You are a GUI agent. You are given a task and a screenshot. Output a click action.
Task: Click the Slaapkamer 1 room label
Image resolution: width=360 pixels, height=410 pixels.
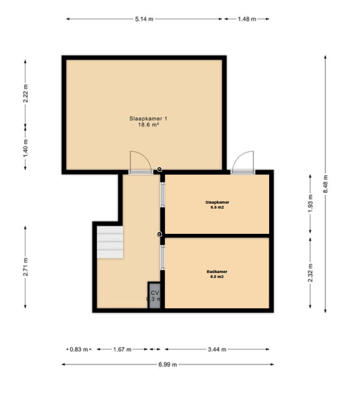pos(148,118)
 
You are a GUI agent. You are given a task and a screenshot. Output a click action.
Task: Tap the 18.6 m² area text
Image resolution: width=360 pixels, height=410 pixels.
pos(148,125)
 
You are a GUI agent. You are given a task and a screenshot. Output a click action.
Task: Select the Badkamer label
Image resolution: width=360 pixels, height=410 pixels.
pos(217,272)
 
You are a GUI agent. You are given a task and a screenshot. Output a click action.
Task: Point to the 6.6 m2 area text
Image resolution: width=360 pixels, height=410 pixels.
pos(217,207)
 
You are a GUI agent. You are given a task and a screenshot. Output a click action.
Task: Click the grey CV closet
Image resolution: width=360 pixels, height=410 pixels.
pos(154,296)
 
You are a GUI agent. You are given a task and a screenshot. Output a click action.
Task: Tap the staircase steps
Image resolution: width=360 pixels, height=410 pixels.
pos(110,242)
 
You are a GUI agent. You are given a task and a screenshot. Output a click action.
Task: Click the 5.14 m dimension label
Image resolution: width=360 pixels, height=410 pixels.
pos(144,19)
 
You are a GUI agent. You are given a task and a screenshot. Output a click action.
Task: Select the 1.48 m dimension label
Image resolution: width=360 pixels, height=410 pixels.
pos(247,19)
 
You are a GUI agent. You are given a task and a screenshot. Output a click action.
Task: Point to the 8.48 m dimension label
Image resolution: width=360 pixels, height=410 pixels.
pos(325,184)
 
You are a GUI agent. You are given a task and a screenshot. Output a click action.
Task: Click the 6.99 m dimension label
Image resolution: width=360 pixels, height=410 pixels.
pos(167,364)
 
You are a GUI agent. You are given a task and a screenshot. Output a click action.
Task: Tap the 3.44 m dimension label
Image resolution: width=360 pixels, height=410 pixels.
pos(217,349)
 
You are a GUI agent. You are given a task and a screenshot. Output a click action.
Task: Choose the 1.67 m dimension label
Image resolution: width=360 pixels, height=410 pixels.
pos(122,349)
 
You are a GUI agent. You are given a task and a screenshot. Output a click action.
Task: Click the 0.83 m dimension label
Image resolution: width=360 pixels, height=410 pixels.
pos(79,349)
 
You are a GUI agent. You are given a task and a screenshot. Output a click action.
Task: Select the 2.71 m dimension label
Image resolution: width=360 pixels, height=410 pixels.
pos(25,267)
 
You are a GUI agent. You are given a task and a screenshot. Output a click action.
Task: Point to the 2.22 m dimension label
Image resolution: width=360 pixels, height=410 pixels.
pos(25,93)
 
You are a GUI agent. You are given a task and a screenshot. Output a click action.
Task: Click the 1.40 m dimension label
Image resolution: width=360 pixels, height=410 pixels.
pos(25,149)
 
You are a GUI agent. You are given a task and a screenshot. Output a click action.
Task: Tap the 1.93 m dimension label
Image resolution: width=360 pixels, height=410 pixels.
pos(310,204)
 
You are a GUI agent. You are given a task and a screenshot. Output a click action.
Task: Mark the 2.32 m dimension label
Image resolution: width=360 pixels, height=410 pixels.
pos(310,273)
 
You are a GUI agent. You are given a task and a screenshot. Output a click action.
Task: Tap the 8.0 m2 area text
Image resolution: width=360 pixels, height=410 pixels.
pos(217,277)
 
